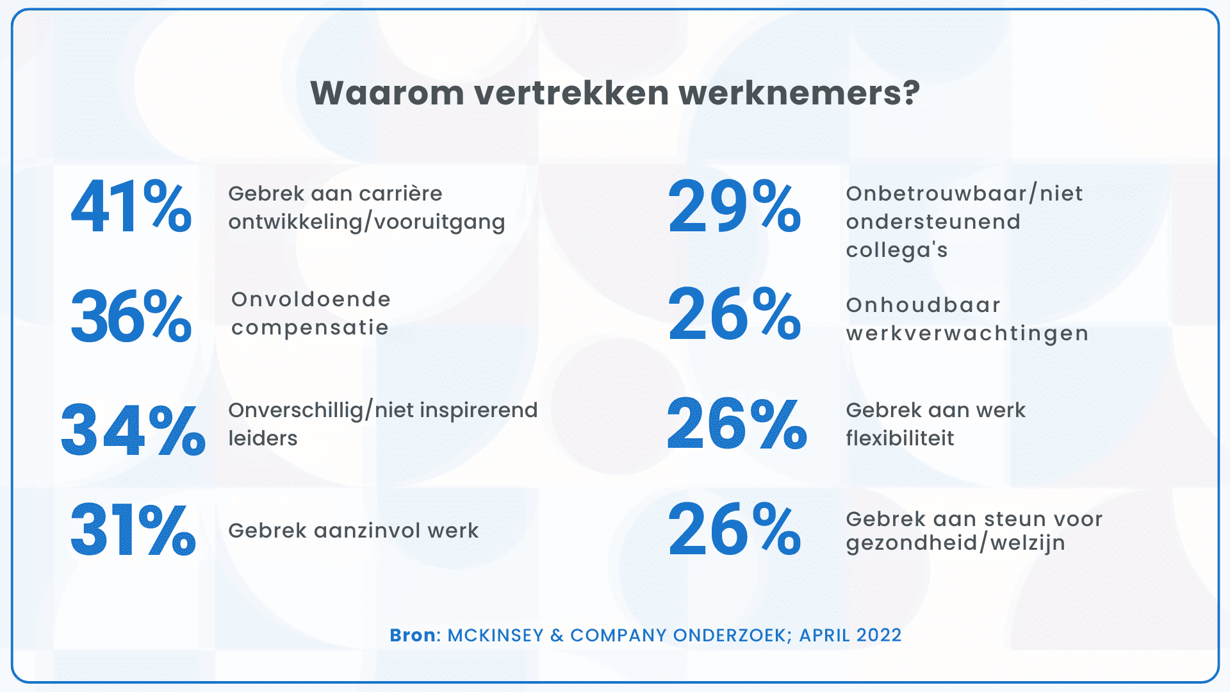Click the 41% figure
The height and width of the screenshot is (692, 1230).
[x=131, y=207]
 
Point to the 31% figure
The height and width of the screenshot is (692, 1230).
[x=133, y=531]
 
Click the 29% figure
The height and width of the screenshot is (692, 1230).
[x=734, y=207]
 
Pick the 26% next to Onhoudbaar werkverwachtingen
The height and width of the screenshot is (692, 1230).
[x=734, y=315]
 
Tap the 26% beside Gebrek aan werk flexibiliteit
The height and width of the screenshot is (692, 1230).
[x=736, y=424]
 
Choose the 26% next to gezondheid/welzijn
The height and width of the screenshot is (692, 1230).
[x=734, y=531]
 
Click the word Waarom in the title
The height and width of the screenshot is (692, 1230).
[x=388, y=93]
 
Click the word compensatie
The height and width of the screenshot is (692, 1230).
[x=310, y=328]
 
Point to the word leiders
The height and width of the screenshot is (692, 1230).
[x=263, y=438]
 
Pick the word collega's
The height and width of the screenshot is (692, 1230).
[x=896, y=250]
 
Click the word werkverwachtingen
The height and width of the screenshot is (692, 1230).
[x=967, y=334]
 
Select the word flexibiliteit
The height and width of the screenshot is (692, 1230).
[x=899, y=438]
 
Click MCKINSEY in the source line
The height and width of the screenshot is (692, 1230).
[x=495, y=635]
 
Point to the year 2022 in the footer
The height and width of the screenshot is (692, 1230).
[x=879, y=635]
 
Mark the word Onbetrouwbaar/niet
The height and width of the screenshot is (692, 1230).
[x=964, y=194]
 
